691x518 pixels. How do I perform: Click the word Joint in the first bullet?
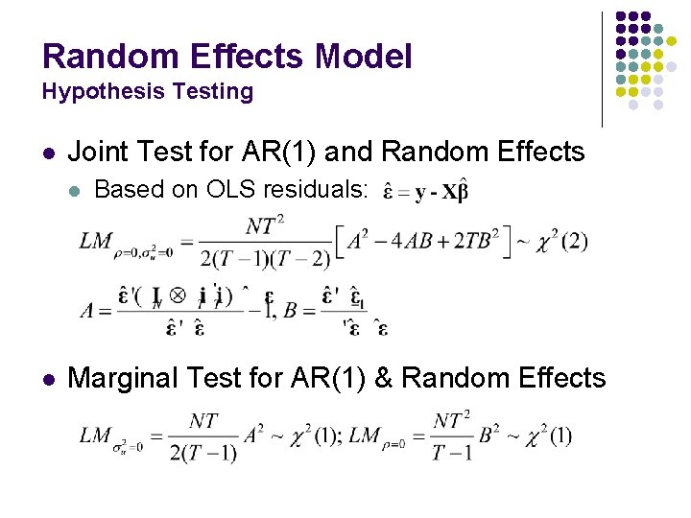95,152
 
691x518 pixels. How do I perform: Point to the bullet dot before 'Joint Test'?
49,153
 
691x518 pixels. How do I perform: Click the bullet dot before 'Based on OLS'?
76,191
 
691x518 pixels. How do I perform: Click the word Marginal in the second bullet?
126,378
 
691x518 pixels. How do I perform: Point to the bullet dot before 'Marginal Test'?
49,379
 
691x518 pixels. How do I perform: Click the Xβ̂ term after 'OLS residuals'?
454,191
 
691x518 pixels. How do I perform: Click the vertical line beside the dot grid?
602,69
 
